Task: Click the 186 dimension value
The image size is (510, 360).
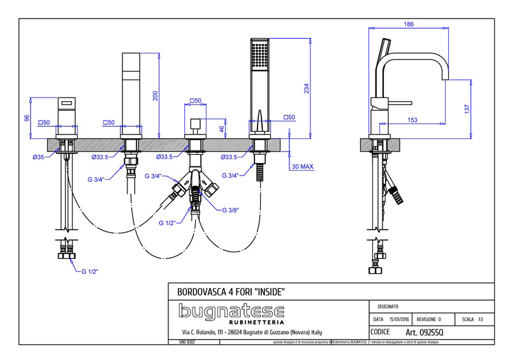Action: (409, 24)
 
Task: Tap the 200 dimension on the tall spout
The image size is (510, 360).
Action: (154, 96)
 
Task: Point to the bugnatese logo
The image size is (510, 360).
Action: (231, 312)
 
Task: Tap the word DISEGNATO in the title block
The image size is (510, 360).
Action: (390, 306)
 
